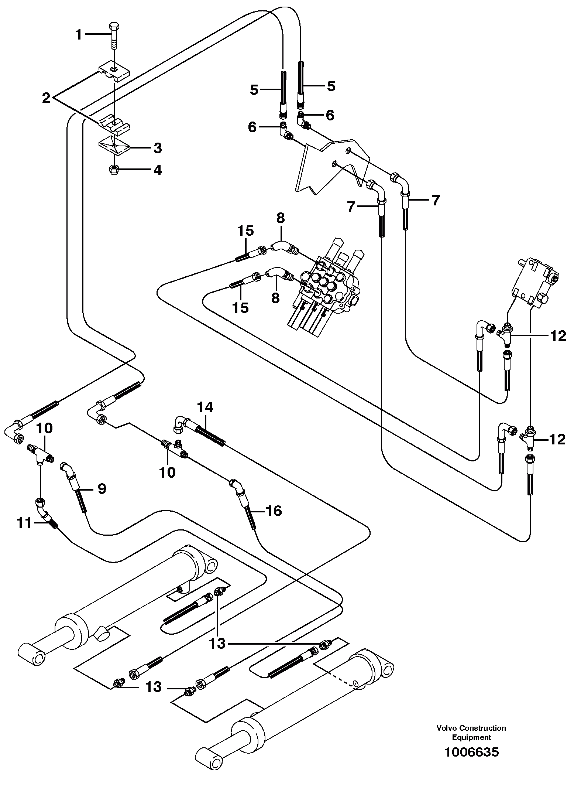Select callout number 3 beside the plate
pyautogui.click(x=158, y=149)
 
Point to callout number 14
pyautogui.click(x=205, y=407)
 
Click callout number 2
pyautogui.click(x=46, y=98)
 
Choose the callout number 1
pyautogui.click(x=78, y=35)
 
